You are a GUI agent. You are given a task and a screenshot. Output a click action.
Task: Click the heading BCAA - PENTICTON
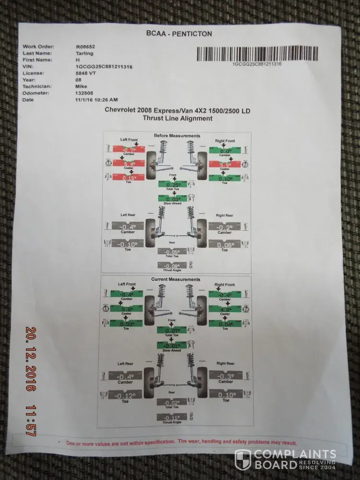click(x=178, y=34)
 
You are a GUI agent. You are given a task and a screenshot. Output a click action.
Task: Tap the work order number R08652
click(x=85, y=47)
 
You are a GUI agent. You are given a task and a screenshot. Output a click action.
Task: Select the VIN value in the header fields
click(x=104, y=67)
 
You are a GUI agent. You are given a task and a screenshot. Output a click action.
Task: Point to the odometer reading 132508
click(x=84, y=93)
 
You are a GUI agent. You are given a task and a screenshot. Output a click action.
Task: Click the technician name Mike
click(x=81, y=86)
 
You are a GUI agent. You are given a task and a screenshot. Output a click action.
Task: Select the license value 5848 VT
click(x=86, y=73)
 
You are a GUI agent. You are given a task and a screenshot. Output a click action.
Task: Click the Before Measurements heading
click(x=177, y=136)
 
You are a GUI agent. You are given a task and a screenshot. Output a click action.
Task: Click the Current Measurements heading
click(x=176, y=279)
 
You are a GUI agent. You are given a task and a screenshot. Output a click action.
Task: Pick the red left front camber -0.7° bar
click(x=128, y=150)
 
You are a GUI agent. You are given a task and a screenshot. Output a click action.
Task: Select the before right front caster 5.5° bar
click(x=226, y=165)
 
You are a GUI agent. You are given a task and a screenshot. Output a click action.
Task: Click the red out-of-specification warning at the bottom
click(x=181, y=443)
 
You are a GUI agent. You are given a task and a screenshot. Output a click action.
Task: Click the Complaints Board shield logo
click(x=242, y=459)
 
